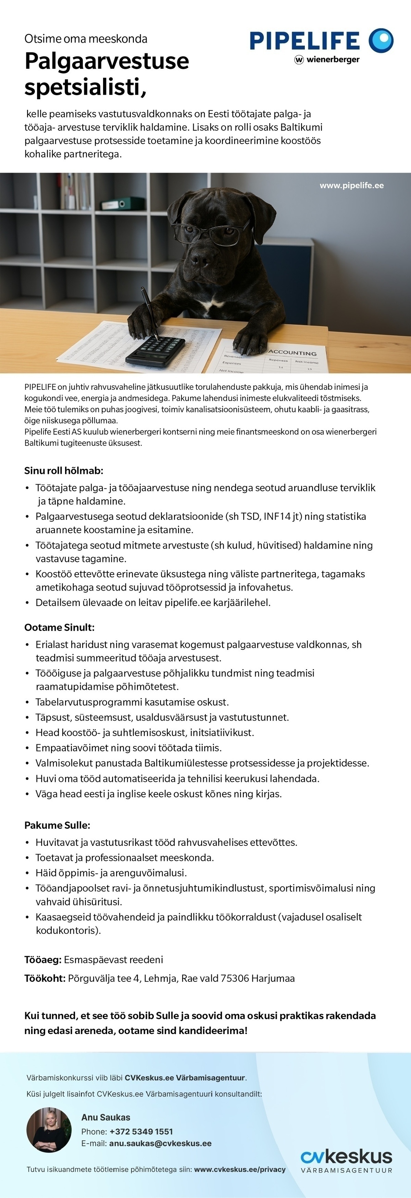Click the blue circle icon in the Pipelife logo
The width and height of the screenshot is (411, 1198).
[381, 40]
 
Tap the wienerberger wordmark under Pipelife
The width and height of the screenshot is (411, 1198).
[332, 60]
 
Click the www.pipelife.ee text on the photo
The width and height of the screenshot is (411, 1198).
[351, 185]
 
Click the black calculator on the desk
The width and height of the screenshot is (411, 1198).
[156, 349]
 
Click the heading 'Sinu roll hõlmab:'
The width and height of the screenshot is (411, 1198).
[64, 471]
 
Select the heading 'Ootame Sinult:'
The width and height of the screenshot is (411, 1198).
[59, 627]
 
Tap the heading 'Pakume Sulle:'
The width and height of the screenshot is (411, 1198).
[57, 825]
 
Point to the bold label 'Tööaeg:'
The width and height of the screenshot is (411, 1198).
[43, 959]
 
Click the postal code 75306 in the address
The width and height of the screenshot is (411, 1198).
[234, 978]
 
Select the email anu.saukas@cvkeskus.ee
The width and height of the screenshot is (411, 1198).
[160, 1144]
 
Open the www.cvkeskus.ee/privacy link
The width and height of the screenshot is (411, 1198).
[240, 1169]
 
